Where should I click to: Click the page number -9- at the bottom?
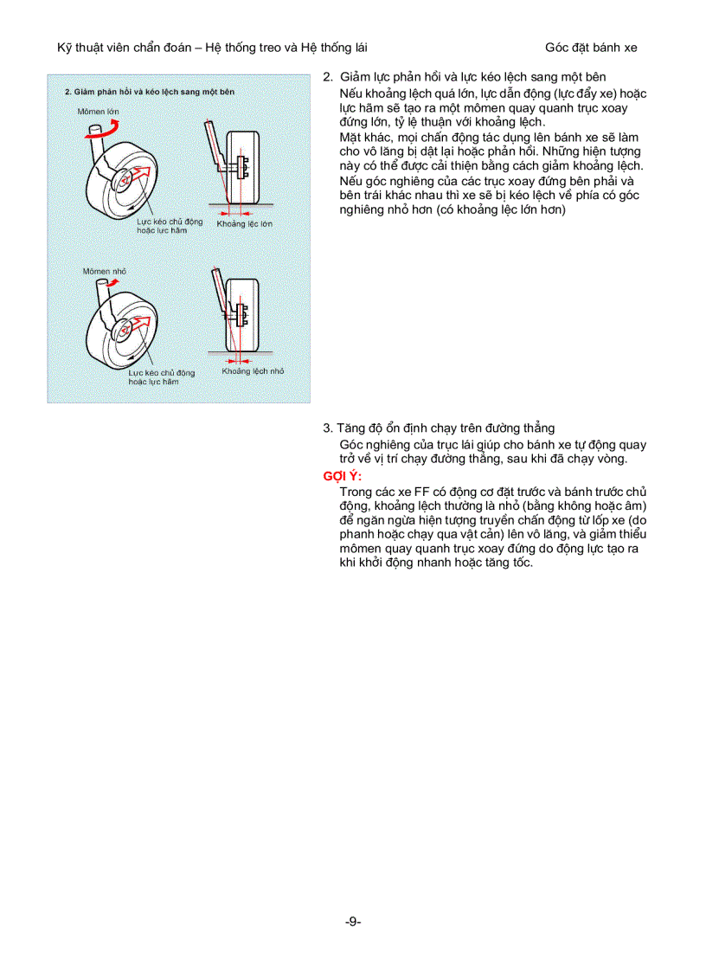pyautogui.click(x=352, y=922)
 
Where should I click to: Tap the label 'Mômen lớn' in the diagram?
pyautogui.click(x=98, y=113)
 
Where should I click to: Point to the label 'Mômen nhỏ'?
pyautogui.click(x=104, y=272)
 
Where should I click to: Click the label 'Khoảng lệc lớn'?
pyautogui.click(x=244, y=223)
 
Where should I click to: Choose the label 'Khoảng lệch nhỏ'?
pyautogui.click(x=252, y=370)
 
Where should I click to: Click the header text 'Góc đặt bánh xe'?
pyautogui.click(x=591, y=48)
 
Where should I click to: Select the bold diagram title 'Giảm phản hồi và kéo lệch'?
pyautogui.click(x=149, y=92)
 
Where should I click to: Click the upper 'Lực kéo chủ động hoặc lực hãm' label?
pyautogui.click(x=170, y=226)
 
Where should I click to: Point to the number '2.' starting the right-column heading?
pyautogui.click(x=328, y=76)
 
